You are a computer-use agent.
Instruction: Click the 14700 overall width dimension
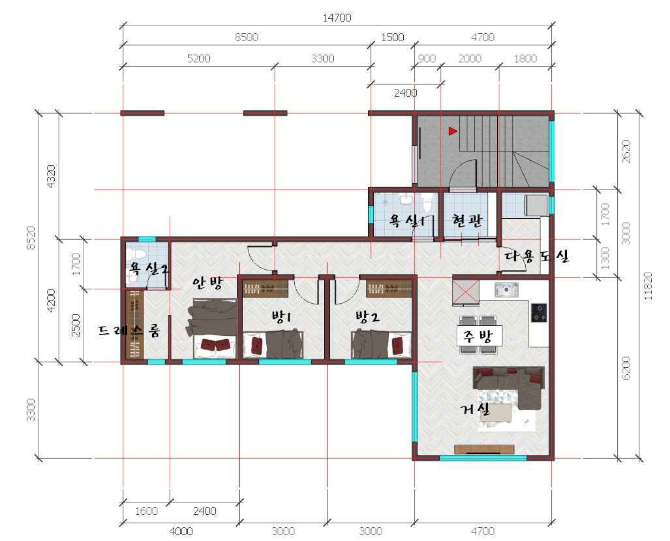click(x=337, y=18)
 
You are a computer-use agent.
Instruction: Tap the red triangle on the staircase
click(x=453, y=131)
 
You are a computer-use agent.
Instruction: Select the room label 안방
click(x=207, y=282)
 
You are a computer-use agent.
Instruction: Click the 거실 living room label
click(x=475, y=409)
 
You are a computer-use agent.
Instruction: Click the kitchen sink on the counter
click(x=506, y=289)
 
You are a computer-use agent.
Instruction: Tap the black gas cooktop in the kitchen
click(x=539, y=312)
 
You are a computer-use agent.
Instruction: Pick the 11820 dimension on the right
click(x=648, y=286)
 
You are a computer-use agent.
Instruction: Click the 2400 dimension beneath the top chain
click(x=405, y=92)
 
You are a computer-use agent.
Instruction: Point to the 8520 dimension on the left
click(x=31, y=238)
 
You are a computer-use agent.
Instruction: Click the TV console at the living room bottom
click(x=483, y=449)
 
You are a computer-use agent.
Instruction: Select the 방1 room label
click(x=281, y=316)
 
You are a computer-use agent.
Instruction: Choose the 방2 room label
click(x=367, y=317)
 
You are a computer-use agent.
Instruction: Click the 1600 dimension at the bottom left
click(x=146, y=510)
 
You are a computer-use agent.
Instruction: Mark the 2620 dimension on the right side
click(x=626, y=151)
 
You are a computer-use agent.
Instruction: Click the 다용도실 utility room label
click(x=537, y=256)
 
